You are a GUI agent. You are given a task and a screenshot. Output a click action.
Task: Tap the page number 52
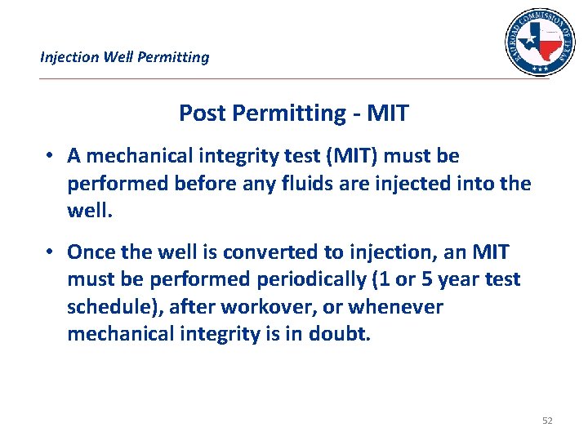click(546, 421)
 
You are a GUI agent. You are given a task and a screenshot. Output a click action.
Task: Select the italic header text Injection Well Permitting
click(125, 57)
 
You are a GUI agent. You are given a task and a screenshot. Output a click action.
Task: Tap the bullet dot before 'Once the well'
click(51, 253)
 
